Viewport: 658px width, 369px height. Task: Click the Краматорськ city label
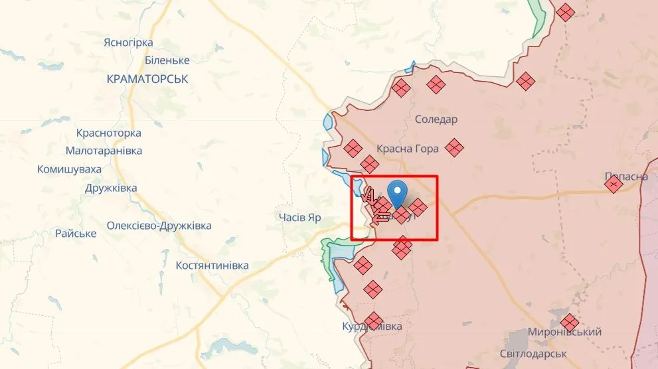click(147, 79)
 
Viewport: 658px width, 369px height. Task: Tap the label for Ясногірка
click(128, 43)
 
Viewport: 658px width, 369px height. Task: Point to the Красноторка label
click(109, 133)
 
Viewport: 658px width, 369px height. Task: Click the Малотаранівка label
click(104, 151)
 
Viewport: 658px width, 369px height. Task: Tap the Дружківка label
click(111, 188)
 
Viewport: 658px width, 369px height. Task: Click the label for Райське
click(76, 234)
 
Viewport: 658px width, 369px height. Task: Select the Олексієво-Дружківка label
click(159, 226)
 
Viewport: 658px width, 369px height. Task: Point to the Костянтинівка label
click(212, 265)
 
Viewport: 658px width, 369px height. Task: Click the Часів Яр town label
click(300, 218)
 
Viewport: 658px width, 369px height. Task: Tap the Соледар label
click(436, 119)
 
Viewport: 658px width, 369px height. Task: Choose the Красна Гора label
click(408, 149)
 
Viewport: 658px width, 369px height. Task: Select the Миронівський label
click(565, 332)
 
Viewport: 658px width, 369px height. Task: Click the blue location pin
click(398, 192)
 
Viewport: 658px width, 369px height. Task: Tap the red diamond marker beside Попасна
click(614, 184)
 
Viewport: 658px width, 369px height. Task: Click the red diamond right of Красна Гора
click(454, 147)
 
